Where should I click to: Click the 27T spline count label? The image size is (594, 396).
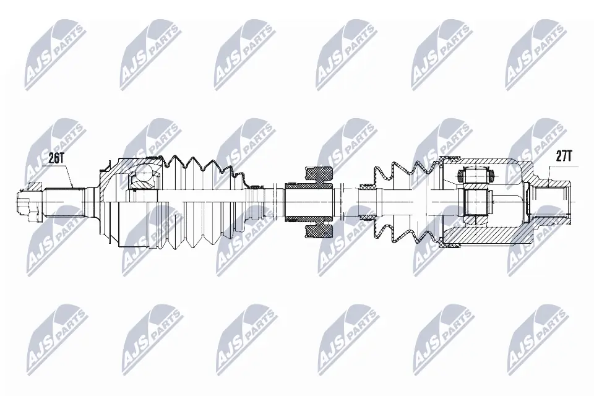[562, 156]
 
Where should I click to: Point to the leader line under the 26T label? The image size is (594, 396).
[68, 176]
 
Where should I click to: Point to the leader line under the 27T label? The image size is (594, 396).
[549, 172]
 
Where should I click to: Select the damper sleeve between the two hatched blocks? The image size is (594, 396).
[309, 202]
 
